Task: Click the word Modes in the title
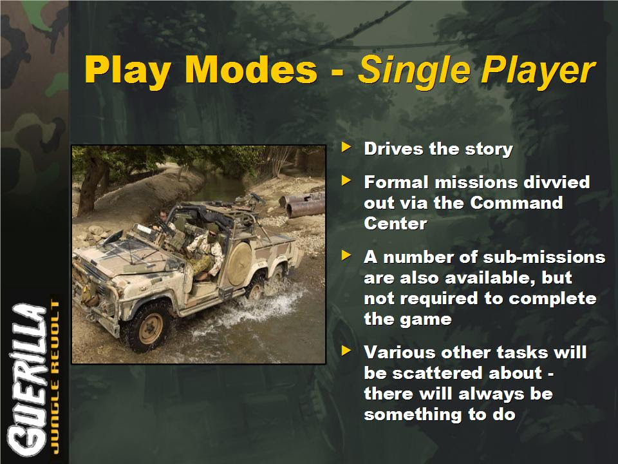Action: tap(251, 70)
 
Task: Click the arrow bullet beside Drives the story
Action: tap(346, 147)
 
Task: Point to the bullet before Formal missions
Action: tap(346, 180)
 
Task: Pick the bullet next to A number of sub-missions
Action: tap(346, 255)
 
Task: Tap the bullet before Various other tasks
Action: tap(346, 351)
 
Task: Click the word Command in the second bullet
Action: tap(516, 203)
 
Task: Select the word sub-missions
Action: tap(544, 257)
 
